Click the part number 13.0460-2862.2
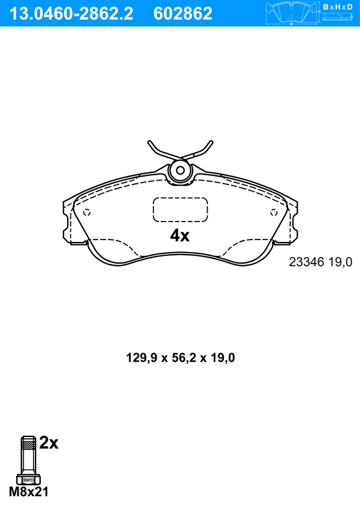pos(71,14)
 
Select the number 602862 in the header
pos(183,14)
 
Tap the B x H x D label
pos(338,7)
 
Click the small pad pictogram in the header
pos(292,13)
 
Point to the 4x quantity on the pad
pos(180,236)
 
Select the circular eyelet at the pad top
pos(181,171)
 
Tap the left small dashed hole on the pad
pos(87,213)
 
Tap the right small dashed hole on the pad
pos(274,213)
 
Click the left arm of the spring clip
pos(161,152)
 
